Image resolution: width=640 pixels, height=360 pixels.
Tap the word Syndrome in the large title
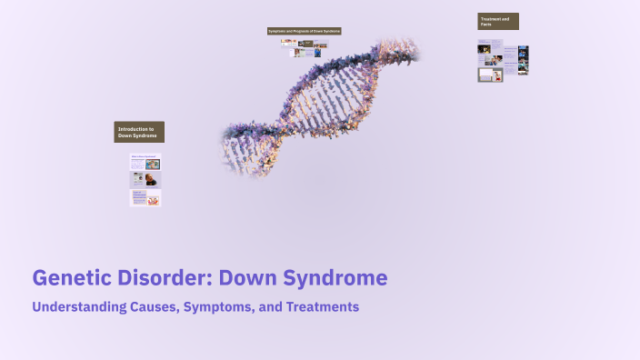[x=336, y=277]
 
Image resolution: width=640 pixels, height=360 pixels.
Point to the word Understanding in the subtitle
[x=75, y=307]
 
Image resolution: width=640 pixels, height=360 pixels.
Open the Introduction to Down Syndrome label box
[x=139, y=132]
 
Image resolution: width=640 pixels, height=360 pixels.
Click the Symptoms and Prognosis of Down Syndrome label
[x=304, y=31]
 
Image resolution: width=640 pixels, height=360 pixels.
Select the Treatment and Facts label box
[x=498, y=22]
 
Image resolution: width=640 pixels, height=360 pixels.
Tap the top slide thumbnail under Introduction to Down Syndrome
[x=145, y=165]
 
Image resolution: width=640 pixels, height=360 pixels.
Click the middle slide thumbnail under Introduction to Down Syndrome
[x=145, y=180]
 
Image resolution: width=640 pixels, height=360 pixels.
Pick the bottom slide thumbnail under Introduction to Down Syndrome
[x=145, y=197]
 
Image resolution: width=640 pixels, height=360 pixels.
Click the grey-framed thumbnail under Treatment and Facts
[x=490, y=75]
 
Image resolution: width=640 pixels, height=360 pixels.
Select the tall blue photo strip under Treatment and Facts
[x=522, y=60]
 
